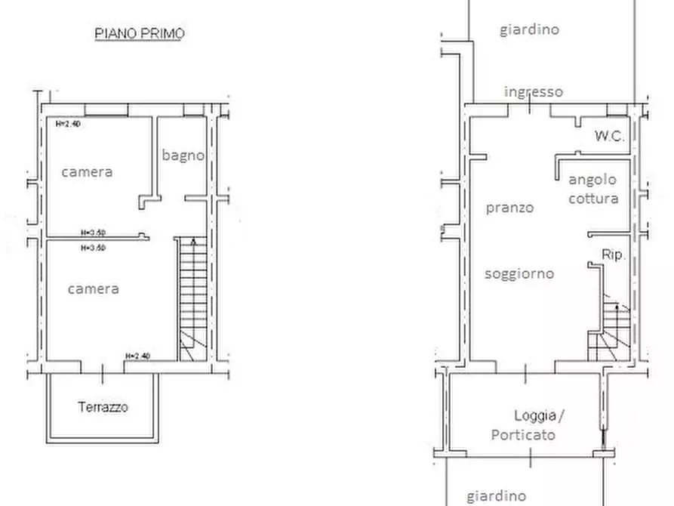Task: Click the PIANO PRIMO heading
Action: coord(140,33)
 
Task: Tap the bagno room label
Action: coord(183,156)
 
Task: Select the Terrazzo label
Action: coord(103,407)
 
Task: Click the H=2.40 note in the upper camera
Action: coord(68,125)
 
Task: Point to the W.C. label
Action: coord(610,136)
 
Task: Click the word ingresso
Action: coord(534,91)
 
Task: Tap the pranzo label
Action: coord(509,208)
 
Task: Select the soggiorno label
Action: coord(519,274)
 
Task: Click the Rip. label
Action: coord(613,255)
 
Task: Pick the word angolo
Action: coord(592,180)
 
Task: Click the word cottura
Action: coord(594,199)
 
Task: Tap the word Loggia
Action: coord(535,416)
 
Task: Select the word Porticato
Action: coord(523,435)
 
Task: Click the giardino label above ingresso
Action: coord(530,29)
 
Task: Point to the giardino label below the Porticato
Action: coord(497,496)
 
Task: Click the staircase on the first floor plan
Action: coord(193,299)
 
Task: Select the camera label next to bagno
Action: coord(88,172)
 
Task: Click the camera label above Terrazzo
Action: coord(94,289)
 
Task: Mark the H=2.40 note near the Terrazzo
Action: coord(138,356)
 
